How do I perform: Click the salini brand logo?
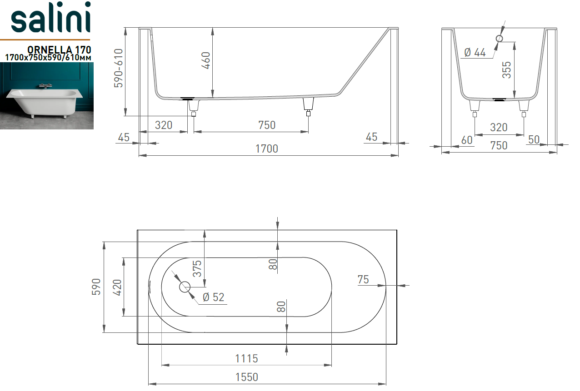[51, 17]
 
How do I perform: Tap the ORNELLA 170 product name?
[59, 49]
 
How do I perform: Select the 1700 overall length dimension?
[267, 149]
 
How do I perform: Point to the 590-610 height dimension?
[118, 68]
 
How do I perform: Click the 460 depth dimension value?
[206, 60]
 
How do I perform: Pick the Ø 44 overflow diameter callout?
[475, 53]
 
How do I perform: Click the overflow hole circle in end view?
[500, 39]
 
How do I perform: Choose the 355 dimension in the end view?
[506, 70]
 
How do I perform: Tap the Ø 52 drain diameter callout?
[213, 297]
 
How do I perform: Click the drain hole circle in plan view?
[185, 287]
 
